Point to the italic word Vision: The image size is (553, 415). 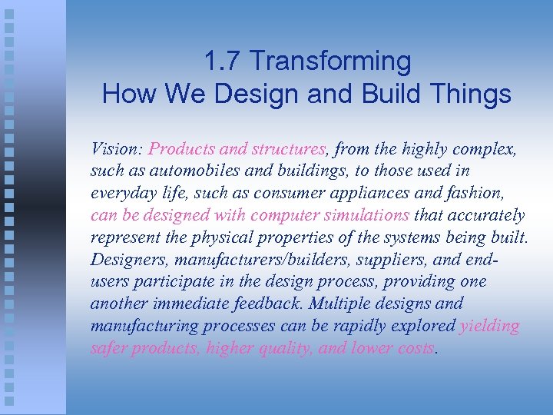[x=117, y=148]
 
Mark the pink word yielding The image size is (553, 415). [x=489, y=326]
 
